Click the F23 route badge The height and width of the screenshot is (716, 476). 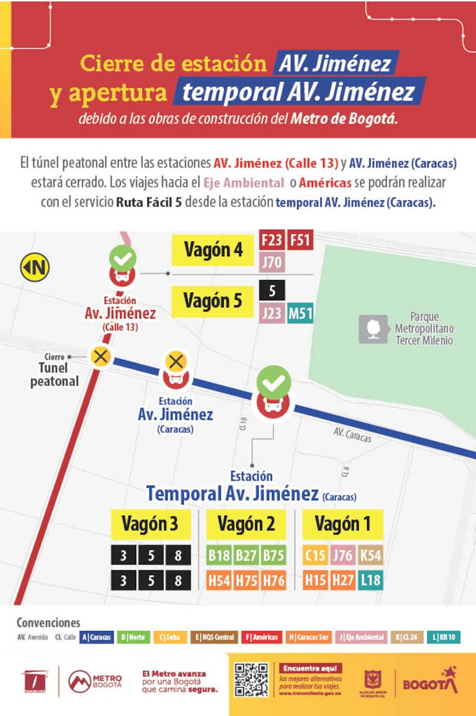(271, 240)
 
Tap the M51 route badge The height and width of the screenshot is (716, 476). (300, 313)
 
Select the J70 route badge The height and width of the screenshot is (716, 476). (271, 262)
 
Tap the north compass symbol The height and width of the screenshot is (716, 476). (35, 267)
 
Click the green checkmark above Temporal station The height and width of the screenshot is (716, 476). (274, 383)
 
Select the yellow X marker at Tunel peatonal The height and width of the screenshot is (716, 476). (101, 357)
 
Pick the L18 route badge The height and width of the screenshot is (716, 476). (370, 580)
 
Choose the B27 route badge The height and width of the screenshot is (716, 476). (246, 556)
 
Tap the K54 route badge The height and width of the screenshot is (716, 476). (370, 556)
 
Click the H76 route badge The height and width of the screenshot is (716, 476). (274, 580)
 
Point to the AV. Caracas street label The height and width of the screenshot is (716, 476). (352, 435)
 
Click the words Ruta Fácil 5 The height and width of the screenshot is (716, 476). (149, 202)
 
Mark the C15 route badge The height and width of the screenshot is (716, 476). (315, 556)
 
